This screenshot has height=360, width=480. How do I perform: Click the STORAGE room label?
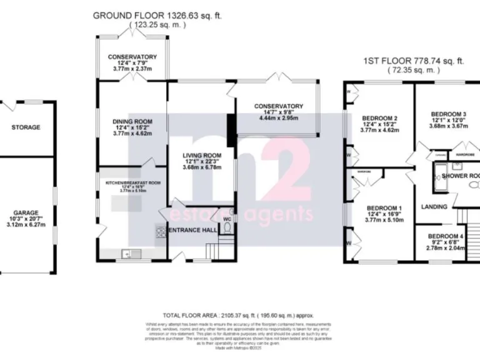tap(26, 127)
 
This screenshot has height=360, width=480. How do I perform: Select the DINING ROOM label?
tap(132, 121)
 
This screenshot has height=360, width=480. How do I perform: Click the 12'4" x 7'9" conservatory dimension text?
tap(132, 64)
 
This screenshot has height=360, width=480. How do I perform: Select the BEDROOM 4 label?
tap(446, 236)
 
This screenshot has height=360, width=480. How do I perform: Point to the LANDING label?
tap(434, 207)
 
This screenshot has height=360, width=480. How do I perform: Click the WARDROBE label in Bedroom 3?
tap(465, 153)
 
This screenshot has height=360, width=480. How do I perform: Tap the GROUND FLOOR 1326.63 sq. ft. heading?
tap(157, 15)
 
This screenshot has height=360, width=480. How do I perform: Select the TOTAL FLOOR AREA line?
tap(238, 316)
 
